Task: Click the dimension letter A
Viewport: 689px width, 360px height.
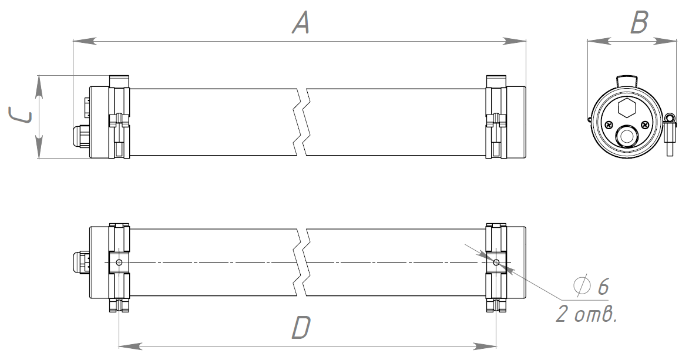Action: (x=301, y=23)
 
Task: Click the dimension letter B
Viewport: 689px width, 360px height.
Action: (x=639, y=23)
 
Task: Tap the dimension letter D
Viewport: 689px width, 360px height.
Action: (x=301, y=328)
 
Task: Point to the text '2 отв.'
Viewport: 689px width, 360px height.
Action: (x=587, y=314)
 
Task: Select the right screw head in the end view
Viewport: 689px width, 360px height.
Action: (x=644, y=125)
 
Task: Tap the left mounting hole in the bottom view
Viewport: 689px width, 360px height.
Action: (x=119, y=263)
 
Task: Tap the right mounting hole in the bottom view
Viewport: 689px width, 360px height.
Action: (x=496, y=263)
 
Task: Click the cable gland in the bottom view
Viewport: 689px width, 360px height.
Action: (x=81, y=262)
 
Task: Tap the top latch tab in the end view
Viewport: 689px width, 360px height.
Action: (x=626, y=80)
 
